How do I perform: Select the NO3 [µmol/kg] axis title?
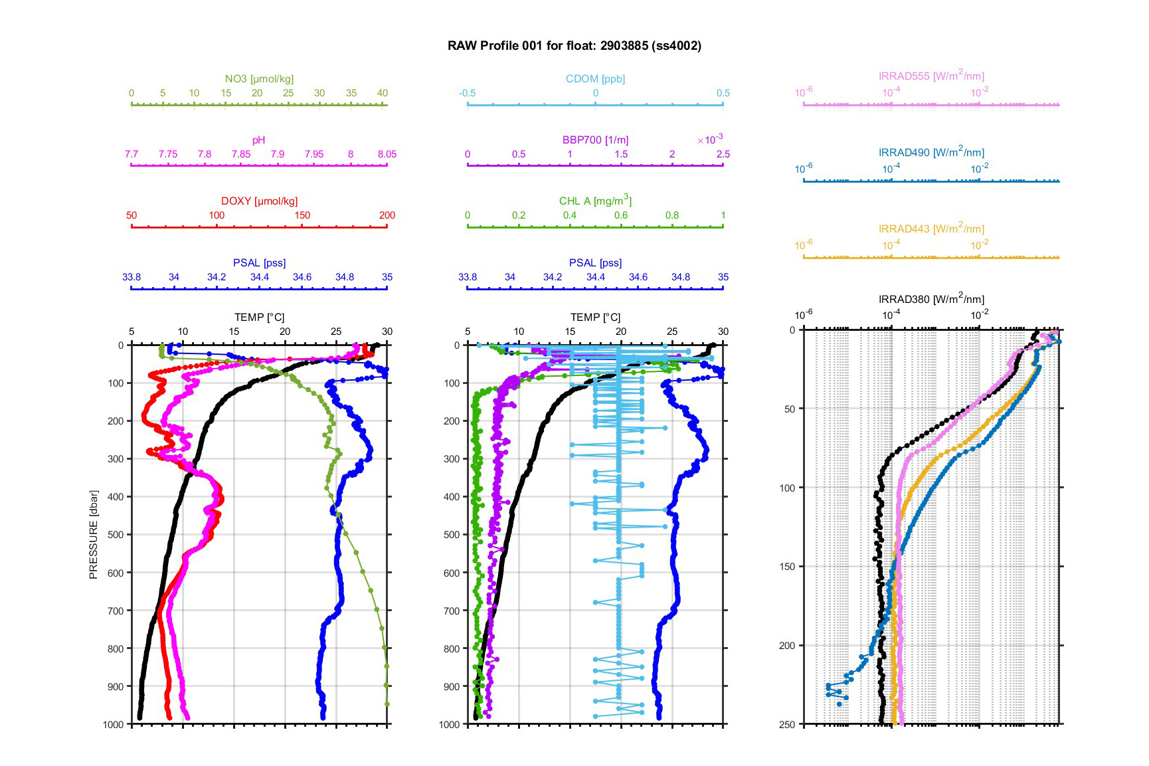259,79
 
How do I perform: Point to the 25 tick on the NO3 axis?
288,93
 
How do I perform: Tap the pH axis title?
258,140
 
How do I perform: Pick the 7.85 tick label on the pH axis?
241,154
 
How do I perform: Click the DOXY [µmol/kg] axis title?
259,201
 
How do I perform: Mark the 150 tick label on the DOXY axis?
302,215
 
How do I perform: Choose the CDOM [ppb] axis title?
595,79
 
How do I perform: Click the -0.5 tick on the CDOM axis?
468,93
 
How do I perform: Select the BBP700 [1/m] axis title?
595,140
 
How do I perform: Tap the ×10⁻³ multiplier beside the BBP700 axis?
710,139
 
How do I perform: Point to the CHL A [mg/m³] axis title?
595,201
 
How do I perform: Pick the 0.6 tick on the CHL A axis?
621,215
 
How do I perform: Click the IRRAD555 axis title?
931,76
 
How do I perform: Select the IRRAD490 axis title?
931,152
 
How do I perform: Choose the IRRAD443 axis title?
931,229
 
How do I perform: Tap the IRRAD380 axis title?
931,299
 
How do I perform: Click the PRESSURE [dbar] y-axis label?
94,535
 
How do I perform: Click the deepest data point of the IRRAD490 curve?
840,704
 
